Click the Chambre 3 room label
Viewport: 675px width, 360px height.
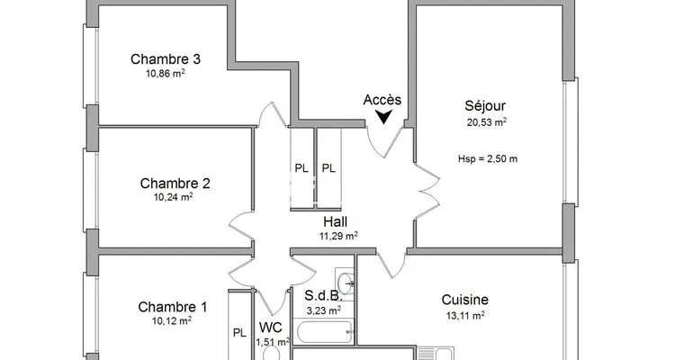click(x=166, y=59)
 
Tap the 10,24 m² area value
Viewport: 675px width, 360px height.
click(x=173, y=197)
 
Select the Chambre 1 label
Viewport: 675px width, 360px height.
click(x=172, y=307)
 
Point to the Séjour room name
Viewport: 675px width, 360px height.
click(x=485, y=106)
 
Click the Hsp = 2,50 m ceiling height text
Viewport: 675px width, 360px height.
click(x=488, y=159)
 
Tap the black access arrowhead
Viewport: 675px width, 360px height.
click(x=383, y=117)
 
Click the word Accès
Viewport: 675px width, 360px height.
click(x=382, y=100)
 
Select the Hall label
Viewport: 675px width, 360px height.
click(x=336, y=221)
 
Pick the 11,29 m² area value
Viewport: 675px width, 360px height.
click(x=338, y=236)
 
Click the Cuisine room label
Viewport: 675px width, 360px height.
click(x=465, y=300)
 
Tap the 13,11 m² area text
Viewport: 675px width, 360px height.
click(x=465, y=316)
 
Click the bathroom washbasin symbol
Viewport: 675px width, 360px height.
click(x=346, y=283)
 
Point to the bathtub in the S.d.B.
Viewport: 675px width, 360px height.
click(x=324, y=331)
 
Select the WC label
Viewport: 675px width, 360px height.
click(x=270, y=328)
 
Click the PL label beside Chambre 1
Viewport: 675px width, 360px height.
click(x=239, y=333)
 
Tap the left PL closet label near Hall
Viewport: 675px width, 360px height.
click(x=301, y=168)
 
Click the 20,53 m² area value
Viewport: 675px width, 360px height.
click(x=486, y=122)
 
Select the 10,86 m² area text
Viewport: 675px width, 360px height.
click(x=166, y=74)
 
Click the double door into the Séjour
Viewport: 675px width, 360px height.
click(x=427, y=190)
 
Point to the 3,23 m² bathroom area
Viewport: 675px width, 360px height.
click(x=324, y=310)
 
